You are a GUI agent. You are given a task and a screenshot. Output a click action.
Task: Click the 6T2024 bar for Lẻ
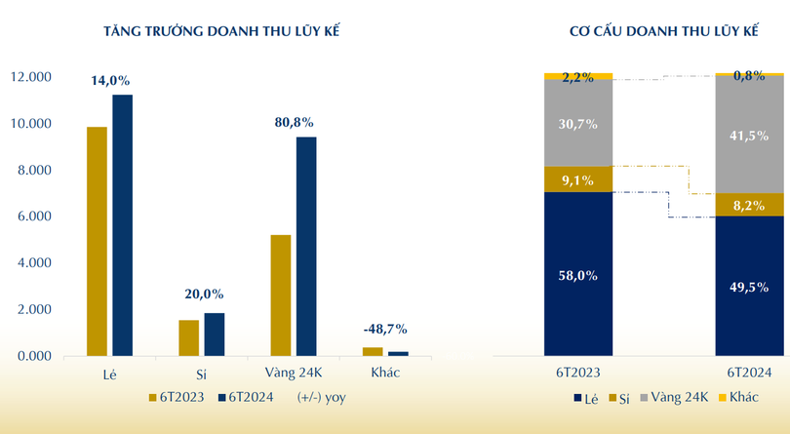click(123, 224)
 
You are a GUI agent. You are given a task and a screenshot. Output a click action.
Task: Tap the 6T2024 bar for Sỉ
click(215, 335)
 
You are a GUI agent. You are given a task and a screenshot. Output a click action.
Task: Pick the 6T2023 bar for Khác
click(373, 351)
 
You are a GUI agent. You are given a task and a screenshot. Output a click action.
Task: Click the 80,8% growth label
click(294, 123)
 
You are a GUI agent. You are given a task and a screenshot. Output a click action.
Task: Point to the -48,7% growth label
click(385, 329)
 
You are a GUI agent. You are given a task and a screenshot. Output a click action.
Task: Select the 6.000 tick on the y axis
click(33, 217)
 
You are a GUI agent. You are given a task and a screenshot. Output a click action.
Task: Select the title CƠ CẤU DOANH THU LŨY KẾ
click(664, 31)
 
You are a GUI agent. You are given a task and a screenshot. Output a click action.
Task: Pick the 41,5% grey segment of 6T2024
click(749, 134)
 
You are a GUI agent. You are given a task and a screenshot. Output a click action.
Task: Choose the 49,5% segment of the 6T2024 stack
click(749, 286)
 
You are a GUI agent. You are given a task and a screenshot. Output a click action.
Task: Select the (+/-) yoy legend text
click(322, 398)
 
